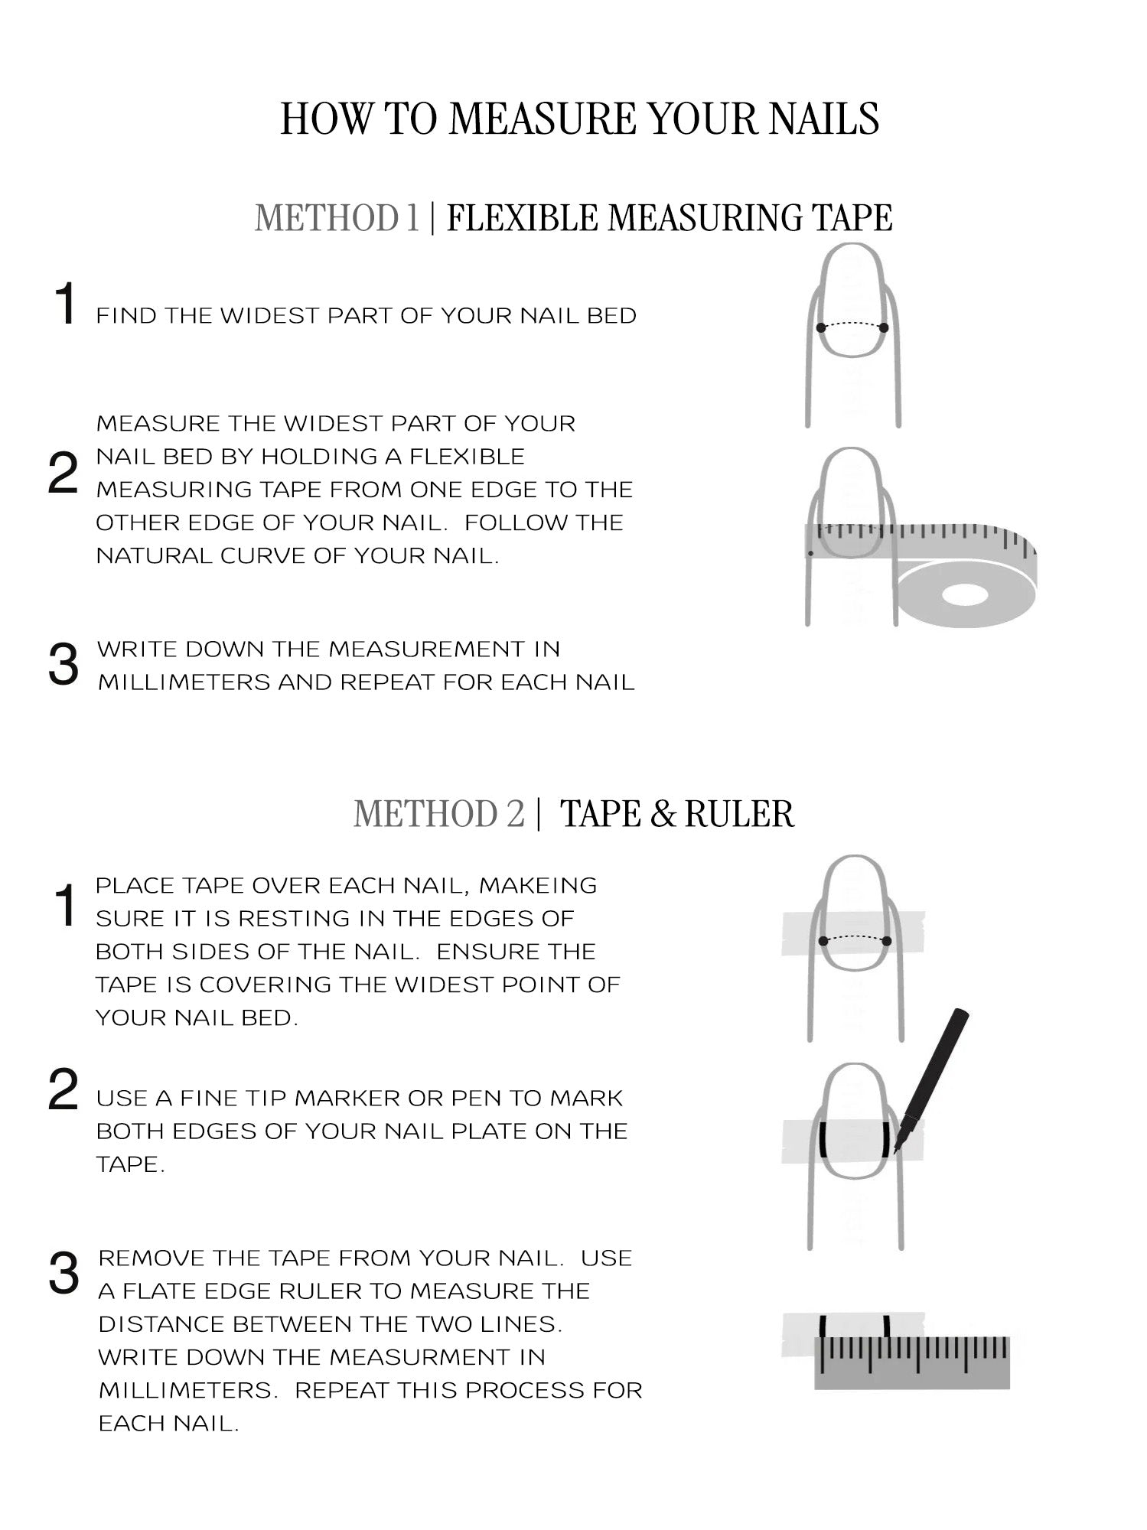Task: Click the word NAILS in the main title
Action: click(x=823, y=119)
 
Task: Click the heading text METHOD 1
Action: click(x=337, y=217)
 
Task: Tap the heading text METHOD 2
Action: click(x=439, y=813)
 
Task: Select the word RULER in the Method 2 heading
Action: click(x=739, y=813)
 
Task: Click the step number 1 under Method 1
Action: click(x=66, y=304)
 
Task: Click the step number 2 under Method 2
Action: click(x=63, y=1090)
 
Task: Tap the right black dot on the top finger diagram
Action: click(x=884, y=328)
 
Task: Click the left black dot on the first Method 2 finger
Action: click(x=823, y=941)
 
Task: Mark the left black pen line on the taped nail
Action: click(x=822, y=1141)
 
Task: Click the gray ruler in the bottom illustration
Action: click(x=912, y=1362)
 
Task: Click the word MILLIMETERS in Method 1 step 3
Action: click(x=184, y=682)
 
